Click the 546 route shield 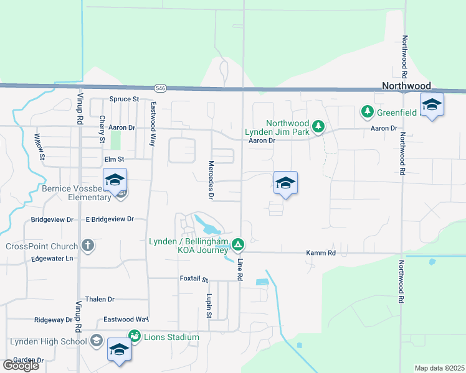click(x=161, y=88)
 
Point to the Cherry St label click(x=102, y=129)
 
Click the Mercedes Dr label click(x=211, y=180)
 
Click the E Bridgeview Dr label click(x=110, y=219)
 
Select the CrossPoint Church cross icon click(x=88, y=245)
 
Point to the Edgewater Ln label click(x=52, y=259)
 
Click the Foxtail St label click(x=194, y=279)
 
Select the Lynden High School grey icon click(x=96, y=341)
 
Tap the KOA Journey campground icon click(x=238, y=244)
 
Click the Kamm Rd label click(x=321, y=253)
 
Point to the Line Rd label click(x=239, y=269)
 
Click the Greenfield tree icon click(x=367, y=112)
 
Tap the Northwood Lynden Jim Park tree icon click(x=318, y=127)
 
